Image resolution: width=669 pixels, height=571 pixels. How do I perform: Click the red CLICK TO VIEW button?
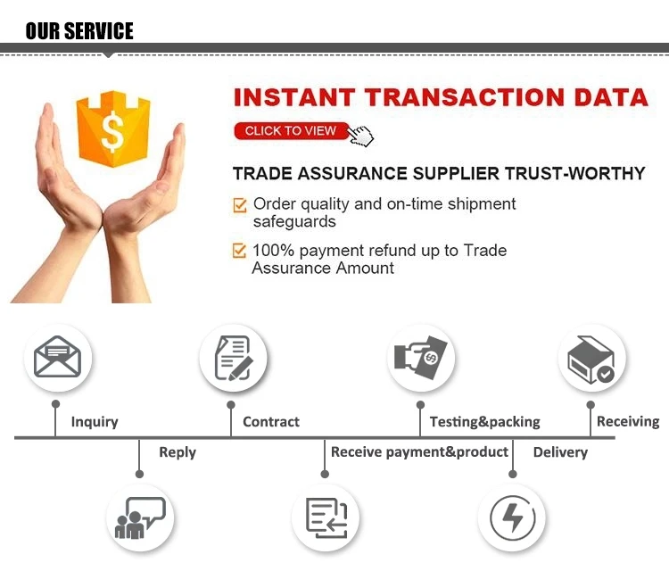click(292, 130)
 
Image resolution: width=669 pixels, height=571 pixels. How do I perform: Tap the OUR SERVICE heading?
click(79, 30)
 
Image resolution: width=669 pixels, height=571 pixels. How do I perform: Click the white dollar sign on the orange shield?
click(112, 131)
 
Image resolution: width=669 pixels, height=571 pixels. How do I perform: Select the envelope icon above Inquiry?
click(58, 357)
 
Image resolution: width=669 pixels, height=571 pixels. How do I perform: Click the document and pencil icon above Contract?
click(234, 358)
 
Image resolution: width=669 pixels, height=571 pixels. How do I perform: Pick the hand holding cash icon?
click(421, 358)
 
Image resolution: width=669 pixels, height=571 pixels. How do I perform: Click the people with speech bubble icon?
click(140, 517)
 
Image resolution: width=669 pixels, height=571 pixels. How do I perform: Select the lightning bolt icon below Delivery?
click(513, 517)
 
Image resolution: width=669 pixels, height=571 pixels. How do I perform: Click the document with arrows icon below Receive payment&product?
click(326, 517)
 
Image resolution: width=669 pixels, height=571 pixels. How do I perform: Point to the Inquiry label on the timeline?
click(95, 422)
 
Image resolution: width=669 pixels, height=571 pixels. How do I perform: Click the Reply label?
click(178, 452)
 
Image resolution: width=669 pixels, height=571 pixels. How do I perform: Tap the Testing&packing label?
click(485, 422)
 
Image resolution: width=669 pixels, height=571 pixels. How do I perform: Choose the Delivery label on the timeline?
click(561, 452)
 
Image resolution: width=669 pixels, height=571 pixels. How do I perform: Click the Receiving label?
click(628, 422)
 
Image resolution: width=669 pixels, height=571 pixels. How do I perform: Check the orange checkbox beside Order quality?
click(240, 205)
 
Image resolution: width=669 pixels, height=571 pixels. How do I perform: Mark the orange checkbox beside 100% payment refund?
click(239, 251)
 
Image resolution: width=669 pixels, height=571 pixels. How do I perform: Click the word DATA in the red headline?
click(611, 97)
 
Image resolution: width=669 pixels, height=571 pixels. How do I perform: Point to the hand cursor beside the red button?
click(360, 136)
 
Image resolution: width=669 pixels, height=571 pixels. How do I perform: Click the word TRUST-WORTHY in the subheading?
click(575, 173)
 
